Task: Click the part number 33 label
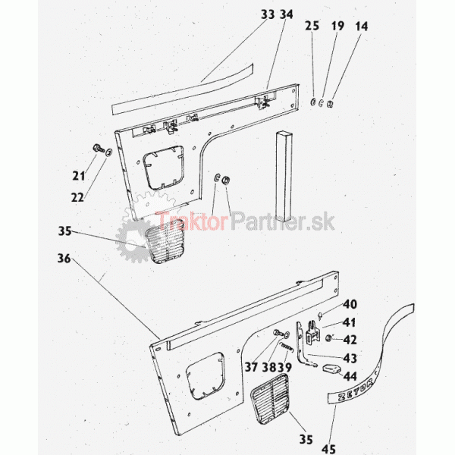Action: click(268, 14)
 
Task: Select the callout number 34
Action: click(287, 14)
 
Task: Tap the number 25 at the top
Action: click(312, 26)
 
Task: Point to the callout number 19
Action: click(337, 26)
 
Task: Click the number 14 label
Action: click(362, 27)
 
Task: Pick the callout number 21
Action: click(79, 176)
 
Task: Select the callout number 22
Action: click(77, 198)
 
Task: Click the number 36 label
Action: click(64, 259)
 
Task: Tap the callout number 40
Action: click(350, 304)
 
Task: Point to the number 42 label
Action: click(350, 340)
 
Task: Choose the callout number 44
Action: click(350, 376)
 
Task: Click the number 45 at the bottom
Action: click(329, 449)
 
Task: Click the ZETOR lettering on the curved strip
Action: click(355, 391)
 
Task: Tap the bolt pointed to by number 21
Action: click(99, 149)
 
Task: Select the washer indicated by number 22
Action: click(109, 152)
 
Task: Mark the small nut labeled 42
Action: click(329, 338)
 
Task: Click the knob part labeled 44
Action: click(331, 369)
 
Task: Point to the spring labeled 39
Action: click(287, 347)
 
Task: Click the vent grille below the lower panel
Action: click(270, 399)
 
